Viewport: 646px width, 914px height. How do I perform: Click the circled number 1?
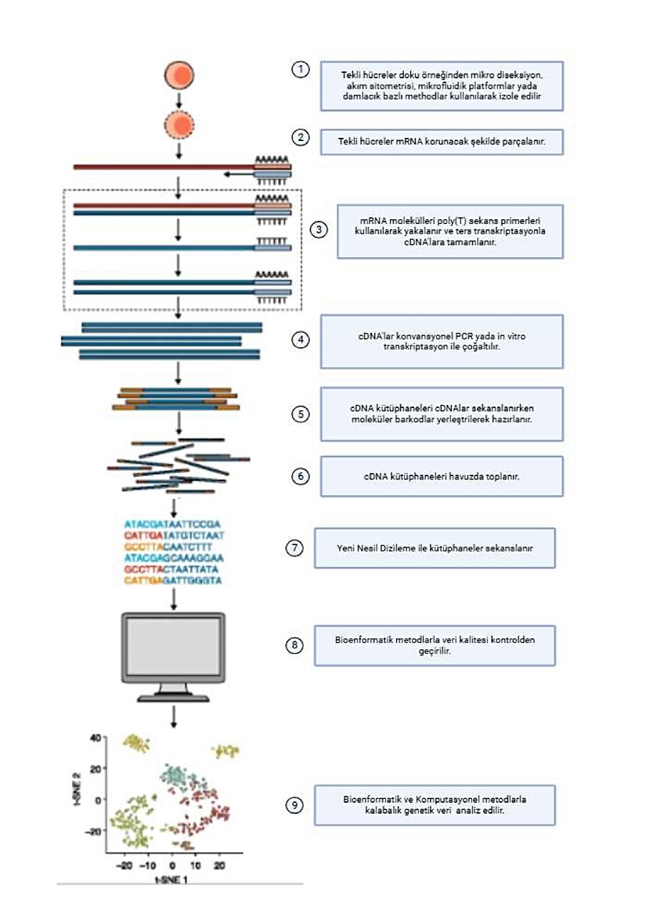point(300,70)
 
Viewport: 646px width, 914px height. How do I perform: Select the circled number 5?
point(300,414)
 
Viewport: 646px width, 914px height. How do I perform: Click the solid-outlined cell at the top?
point(179,75)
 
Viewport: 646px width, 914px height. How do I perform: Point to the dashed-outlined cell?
point(179,125)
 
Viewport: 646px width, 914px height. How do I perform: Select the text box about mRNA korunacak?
point(442,141)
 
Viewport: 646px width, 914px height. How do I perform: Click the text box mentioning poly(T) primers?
point(449,232)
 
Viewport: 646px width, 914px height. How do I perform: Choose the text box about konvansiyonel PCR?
point(442,341)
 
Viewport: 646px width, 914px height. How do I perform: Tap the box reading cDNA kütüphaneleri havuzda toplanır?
point(442,476)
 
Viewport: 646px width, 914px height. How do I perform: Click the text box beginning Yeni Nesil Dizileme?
point(435,547)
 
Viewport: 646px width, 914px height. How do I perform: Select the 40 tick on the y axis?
point(96,738)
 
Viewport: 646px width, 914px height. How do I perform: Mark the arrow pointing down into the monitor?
point(174,598)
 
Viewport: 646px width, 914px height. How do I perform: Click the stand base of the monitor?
point(173,697)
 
